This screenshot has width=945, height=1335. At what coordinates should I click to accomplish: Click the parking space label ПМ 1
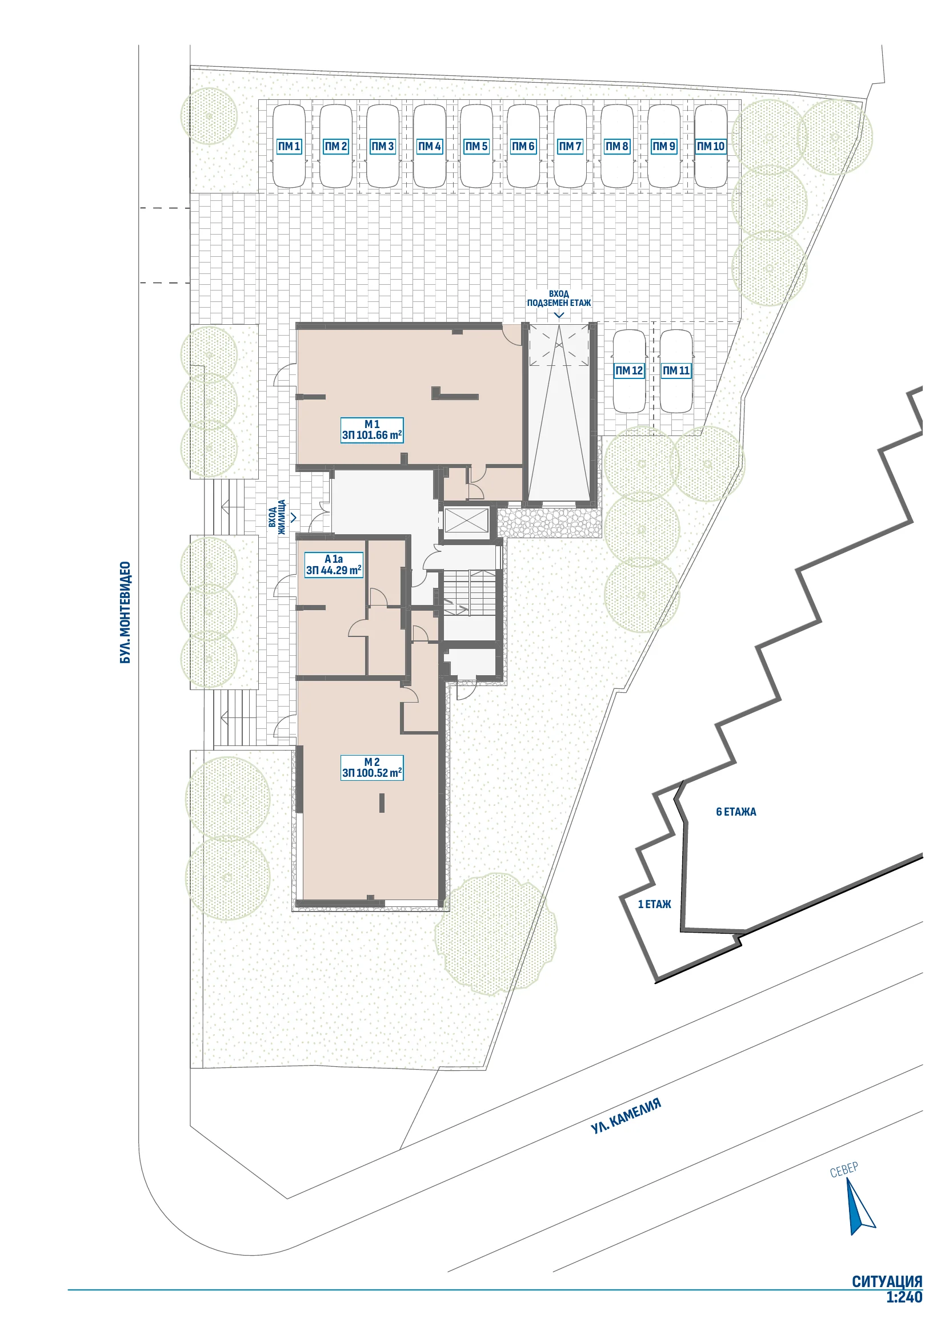coord(289,147)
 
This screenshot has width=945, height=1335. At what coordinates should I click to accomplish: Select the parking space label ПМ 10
coord(711,147)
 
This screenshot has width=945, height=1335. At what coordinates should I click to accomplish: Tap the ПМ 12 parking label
coord(629,370)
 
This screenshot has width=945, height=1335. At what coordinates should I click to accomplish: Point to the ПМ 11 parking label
coord(676,370)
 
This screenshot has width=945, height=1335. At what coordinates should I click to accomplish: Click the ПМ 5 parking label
coord(476,147)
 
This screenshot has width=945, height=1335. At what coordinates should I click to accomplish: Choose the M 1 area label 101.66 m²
coord(372,430)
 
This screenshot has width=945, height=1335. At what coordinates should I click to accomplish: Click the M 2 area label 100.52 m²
coord(372,768)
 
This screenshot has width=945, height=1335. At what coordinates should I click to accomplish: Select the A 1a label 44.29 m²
coord(334,564)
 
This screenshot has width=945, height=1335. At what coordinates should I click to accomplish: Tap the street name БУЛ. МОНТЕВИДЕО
coord(125,612)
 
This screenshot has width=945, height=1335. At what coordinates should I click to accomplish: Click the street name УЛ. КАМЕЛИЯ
coord(626,1116)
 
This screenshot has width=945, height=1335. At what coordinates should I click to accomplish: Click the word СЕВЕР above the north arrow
coord(844,1169)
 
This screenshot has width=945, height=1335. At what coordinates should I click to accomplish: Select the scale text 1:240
coord(904,1297)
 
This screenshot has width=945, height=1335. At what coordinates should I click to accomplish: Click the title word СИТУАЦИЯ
coord(887,1281)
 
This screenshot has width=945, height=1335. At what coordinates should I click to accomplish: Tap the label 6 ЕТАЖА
coord(736,812)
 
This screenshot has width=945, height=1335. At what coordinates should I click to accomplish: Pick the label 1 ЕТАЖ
coord(655,904)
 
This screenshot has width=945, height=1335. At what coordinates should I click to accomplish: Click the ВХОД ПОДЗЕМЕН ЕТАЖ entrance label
coord(559,299)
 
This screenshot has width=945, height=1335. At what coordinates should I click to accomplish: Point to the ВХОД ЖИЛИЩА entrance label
coord(278,517)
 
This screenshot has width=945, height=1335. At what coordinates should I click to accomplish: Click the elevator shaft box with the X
coord(467,521)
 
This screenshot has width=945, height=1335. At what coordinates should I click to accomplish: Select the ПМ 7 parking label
coord(570,147)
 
